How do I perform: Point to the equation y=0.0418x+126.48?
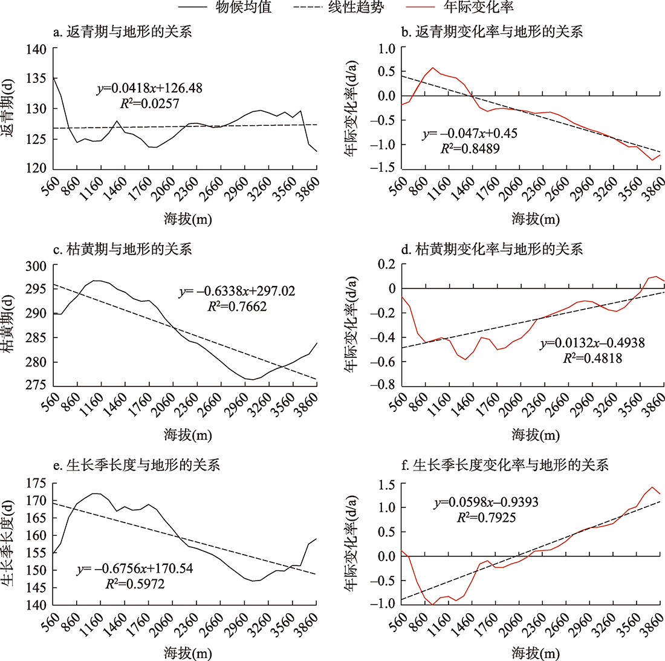[150, 88]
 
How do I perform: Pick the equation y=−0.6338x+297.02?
[237, 291]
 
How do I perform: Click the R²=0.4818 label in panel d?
[593, 358]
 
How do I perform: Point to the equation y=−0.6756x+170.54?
[135, 569]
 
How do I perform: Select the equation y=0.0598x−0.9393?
[486, 503]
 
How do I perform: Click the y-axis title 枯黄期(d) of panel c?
[10, 326]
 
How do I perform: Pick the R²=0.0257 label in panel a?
[150, 103]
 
